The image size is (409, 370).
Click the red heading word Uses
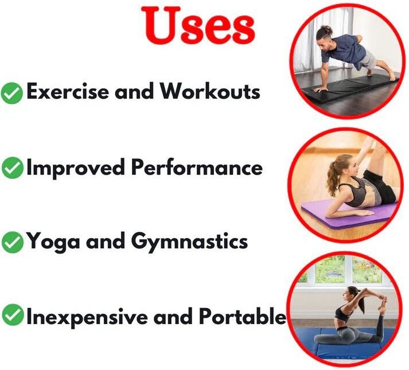click(198, 25)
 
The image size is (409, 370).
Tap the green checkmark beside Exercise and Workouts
click(11, 93)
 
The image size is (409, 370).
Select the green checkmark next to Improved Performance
click(12, 168)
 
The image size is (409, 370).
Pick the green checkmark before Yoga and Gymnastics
click(12, 242)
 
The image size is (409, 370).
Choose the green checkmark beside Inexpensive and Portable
click(12, 315)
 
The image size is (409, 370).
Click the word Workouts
click(210, 91)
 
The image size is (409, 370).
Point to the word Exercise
click(68, 91)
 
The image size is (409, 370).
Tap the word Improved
click(76, 168)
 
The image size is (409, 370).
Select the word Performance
click(197, 167)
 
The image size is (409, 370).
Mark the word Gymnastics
click(189, 242)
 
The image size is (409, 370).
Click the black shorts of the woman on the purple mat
click(380, 186)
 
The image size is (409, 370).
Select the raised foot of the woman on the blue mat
click(383, 303)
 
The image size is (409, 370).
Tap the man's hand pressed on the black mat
click(320, 89)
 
